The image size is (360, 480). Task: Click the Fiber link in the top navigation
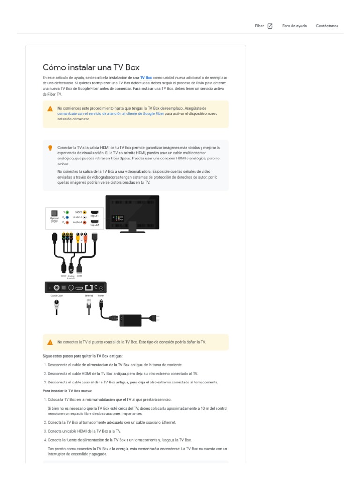259,26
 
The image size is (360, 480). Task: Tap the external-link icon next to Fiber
270,26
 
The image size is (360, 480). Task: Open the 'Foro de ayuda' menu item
294,26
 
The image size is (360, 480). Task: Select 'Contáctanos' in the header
327,26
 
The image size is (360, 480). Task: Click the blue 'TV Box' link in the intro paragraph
146,77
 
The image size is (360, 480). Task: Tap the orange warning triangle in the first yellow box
50,109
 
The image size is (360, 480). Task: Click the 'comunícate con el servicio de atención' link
111,113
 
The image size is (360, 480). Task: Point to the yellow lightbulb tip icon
50,148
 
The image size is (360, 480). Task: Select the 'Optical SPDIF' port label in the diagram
54,219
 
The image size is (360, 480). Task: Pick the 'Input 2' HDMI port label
95,225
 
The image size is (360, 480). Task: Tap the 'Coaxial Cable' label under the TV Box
57,296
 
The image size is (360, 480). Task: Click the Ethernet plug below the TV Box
89,307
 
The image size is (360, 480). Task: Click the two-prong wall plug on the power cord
155,319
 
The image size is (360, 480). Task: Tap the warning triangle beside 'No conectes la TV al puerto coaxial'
50,342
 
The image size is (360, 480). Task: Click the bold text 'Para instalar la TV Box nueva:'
67,390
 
